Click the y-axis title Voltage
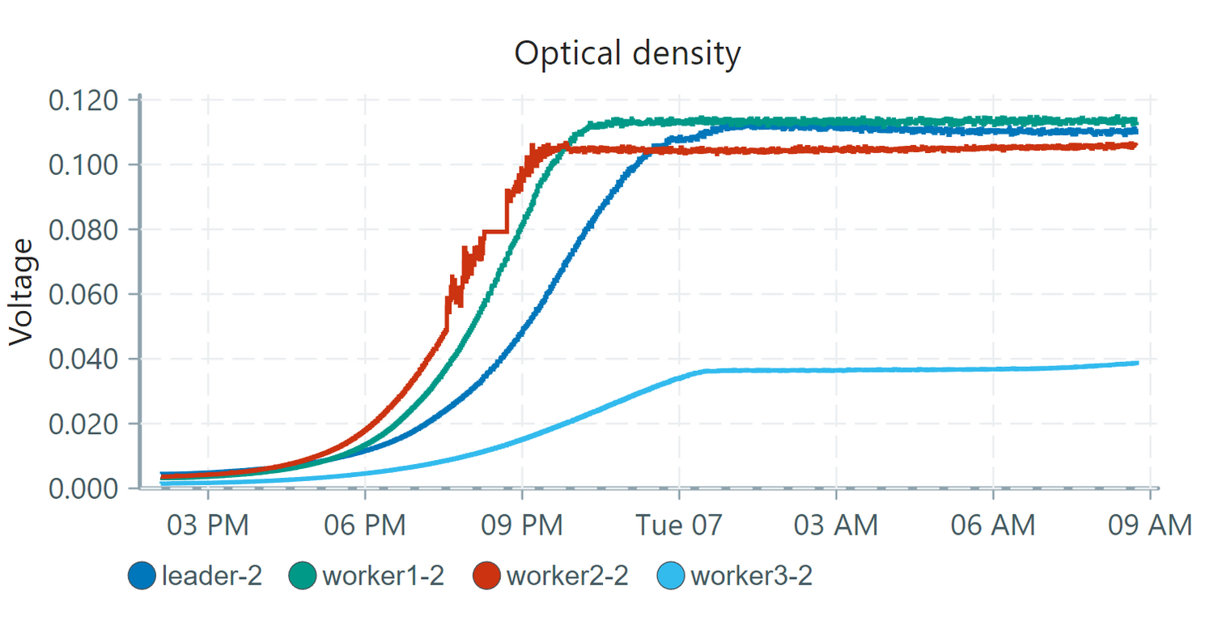tap(24, 292)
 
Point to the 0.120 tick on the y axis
tap(84, 100)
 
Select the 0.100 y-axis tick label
tap(84, 165)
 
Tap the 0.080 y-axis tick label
tap(84, 230)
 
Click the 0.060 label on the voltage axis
tap(84, 295)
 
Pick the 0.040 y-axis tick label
tap(84, 359)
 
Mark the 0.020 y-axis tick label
tap(84, 424)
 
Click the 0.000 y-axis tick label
tap(84, 488)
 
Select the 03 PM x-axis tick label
tap(209, 526)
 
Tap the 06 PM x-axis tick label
tap(365, 526)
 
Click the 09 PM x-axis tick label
tap(522, 526)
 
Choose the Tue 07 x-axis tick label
tap(678, 526)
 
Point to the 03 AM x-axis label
tap(835, 526)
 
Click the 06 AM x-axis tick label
tap(992, 526)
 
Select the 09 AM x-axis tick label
tap(1148, 526)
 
